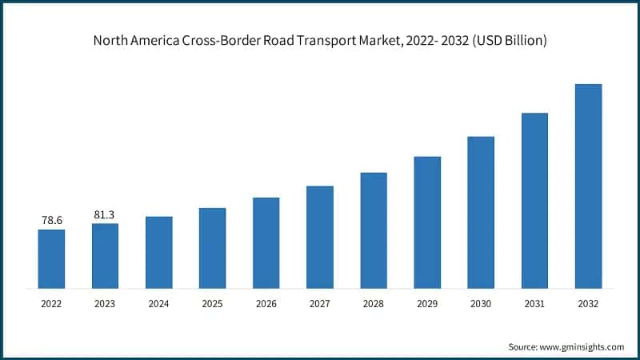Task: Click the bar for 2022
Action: click(51, 258)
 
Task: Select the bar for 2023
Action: click(105, 255)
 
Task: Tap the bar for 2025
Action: click(212, 248)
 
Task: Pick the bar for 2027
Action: click(319, 237)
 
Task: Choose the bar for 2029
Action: click(427, 222)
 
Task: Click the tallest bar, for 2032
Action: click(588, 186)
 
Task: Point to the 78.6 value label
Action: click(51, 219)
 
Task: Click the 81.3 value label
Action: click(105, 214)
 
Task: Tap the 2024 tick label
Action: click(158, 304)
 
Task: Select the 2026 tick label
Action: click(266, 304)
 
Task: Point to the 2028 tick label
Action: click(374, 304)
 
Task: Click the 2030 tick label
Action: click(481, 304)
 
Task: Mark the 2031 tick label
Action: click(534, 304)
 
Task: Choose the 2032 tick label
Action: click(588, 304)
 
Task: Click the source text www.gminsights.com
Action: click(582, 347)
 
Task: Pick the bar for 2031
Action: click(534, 200)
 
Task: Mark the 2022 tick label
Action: click(51, 304)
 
